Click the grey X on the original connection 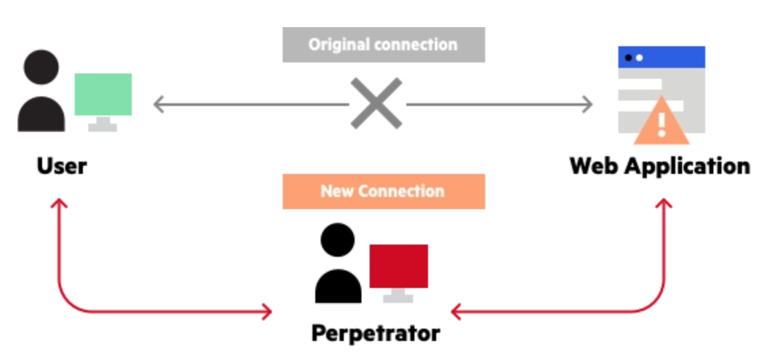coord(376,103)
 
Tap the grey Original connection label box coord(383,45)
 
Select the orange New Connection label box coord(383,192)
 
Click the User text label coord(62,166)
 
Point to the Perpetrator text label coord(376,333)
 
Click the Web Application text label coord(660,166)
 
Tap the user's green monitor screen coord(103,94)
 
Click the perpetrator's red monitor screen coord(398,266)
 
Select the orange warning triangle coord(661,122)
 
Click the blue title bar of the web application coord(662,57)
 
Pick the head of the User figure coord(41,67)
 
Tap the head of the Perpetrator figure coord(338,240)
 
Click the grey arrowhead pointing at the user coord(158,105)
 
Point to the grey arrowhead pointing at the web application coord(588,105)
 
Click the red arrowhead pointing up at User coord(59,203)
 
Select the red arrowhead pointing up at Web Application coord(664,203)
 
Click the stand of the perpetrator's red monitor coord(398,295)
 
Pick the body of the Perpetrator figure coord(338,286)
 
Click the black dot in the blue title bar coord(628,58)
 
